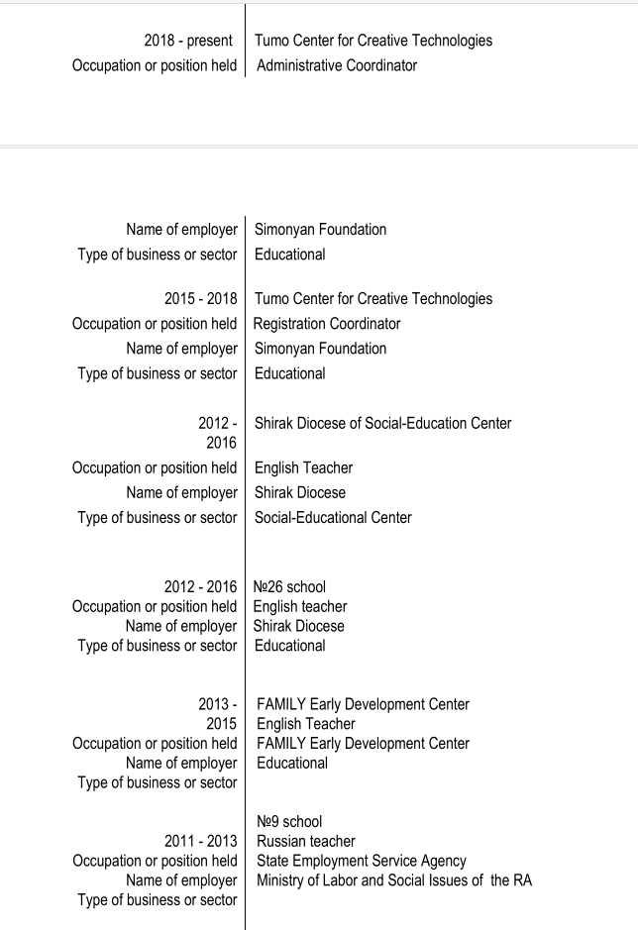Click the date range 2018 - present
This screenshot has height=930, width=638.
point(188,41)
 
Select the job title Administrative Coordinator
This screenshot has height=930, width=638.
point(337,65)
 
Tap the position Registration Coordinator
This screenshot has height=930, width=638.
point(327,324)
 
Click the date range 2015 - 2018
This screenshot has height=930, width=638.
point(200,299)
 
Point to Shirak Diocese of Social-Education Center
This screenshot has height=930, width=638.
point(382,423)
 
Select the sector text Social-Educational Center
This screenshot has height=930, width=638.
point(333,517)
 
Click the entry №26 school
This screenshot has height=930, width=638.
point(289,586)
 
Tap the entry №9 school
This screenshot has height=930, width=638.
point(288,821)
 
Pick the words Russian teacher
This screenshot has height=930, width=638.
point(305,841)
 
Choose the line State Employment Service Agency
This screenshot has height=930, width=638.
point(361,861)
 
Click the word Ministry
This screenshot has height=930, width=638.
point(281,880)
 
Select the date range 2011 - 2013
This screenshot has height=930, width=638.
point(200,841)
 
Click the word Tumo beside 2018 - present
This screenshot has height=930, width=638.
point(273,41)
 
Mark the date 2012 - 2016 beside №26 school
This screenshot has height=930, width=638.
point(200,586)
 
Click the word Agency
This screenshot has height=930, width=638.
point(443,861)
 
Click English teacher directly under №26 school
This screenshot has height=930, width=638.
point(300,606)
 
